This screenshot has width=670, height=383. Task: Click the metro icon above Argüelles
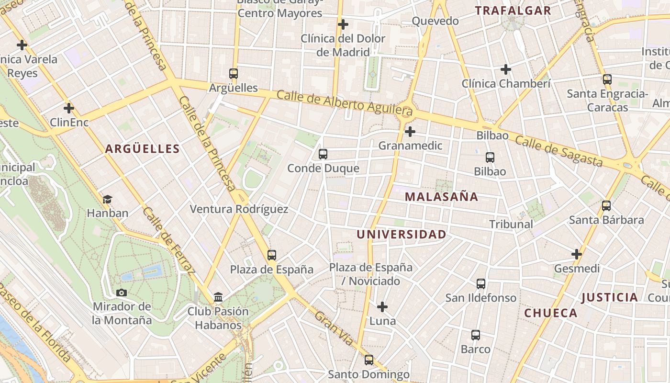coord(234,74)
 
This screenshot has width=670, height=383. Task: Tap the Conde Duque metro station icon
coord(323,154)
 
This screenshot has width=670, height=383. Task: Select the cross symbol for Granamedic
coord(410,132)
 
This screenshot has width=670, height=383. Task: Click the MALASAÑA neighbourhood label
coord(441,196)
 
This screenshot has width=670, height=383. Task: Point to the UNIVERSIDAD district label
coord(401,234)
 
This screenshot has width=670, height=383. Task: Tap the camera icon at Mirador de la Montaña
coord(122,293)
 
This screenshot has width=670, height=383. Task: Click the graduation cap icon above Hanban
coord(107,199)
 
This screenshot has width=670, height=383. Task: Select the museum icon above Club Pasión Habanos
coord(218,297)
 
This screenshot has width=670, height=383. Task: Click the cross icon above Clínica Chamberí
coord(506,69)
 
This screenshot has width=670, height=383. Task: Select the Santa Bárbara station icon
coord(606,206)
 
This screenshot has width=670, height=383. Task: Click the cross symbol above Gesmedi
coord(577,254)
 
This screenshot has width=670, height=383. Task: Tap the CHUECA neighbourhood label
coord(551,313)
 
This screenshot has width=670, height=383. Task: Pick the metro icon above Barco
coord(475,335)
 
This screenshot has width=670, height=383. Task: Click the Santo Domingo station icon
coord(368,360)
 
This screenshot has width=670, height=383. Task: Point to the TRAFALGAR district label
coord(513,11)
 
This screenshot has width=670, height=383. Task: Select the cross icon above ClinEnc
coord(69,108)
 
